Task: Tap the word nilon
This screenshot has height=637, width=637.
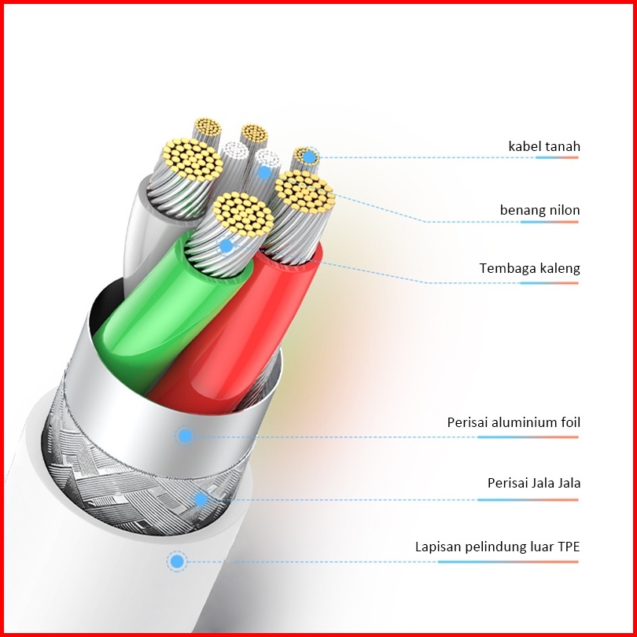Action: pyautogui.click(x=565, y=210)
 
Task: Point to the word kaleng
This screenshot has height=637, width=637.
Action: pyautogui.click(x=559, y=269)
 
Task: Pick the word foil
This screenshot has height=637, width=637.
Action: pyautogui.click(x=569, y=422)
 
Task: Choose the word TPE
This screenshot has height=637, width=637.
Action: pyautogui.click(x=568, y=546)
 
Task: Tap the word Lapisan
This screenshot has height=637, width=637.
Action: pyautogui.click(x=437, y=546)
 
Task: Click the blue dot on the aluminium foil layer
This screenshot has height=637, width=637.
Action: pyautogui.click(x=185, y=436)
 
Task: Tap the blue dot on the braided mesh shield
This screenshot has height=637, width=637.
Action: pyautogui.click(x=201, y=499)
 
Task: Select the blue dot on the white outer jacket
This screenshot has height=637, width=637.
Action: pyautogui.click(x=177, y=562)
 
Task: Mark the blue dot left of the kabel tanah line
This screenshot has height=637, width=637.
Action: pyautogui.click(x=310, y=157)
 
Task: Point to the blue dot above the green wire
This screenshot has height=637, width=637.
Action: pyautogui.click(x=226, y=246)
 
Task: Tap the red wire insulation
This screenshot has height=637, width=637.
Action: pyautogui.click(x=236, y=346)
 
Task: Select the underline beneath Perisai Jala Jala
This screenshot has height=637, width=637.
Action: pyautogui.click(x=528, y=499)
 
